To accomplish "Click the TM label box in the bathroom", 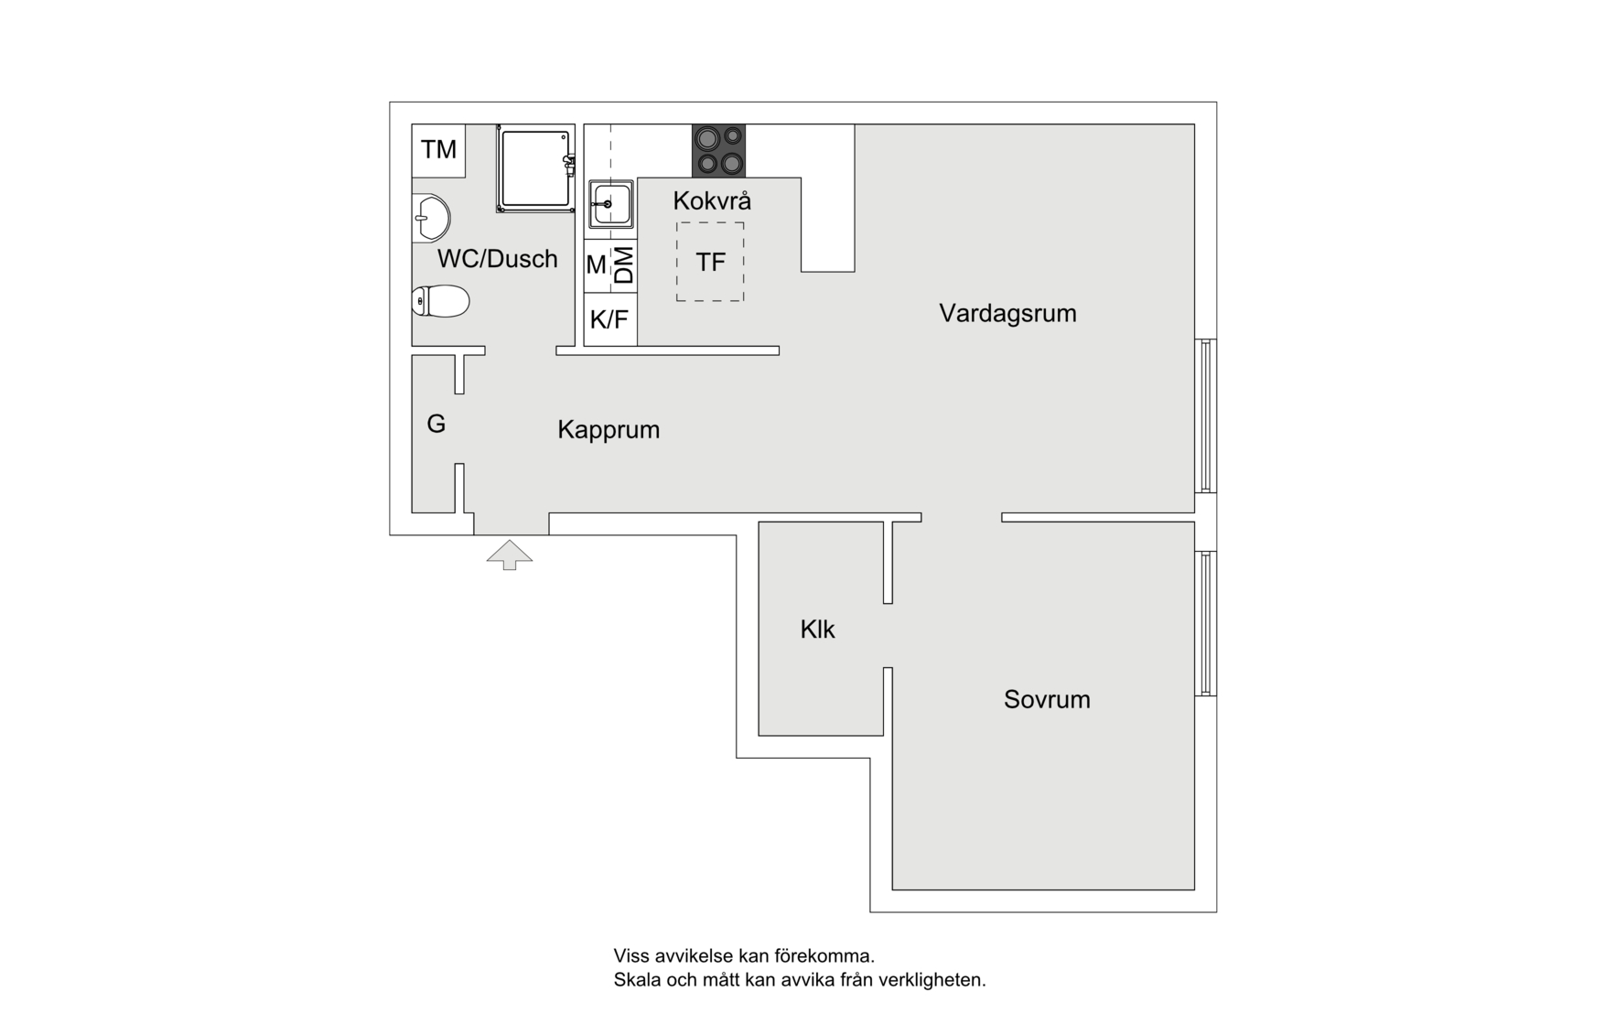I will tap(438, 150).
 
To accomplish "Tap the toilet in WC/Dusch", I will tap(441, 300).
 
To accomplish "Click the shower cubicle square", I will tap(534, 168).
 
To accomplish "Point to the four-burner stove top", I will tap(718, 151).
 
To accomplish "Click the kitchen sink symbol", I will tap(610, 203).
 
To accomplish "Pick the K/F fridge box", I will tap(609, 320).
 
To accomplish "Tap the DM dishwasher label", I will tap(623, 265).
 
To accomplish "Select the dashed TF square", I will tap(710, 262).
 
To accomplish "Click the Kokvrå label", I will tap(712, 200).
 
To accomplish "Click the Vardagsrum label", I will tap(1007, 313).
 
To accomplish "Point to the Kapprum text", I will tap(609, 429).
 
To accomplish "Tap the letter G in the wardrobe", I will tap(436, 424).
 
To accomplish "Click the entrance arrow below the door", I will tap(510, 555).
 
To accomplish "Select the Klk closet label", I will tap(817, 630).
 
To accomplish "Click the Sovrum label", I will tap(1047, 699).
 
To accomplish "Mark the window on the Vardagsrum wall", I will tap(1207, 415).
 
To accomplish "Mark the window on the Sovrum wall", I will tap(1207, 623).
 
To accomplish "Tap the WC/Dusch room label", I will tap(497, 259).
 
